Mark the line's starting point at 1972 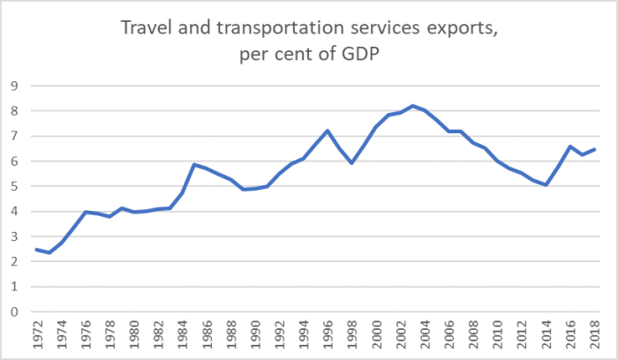(37, 250)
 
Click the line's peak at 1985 (194, 164)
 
